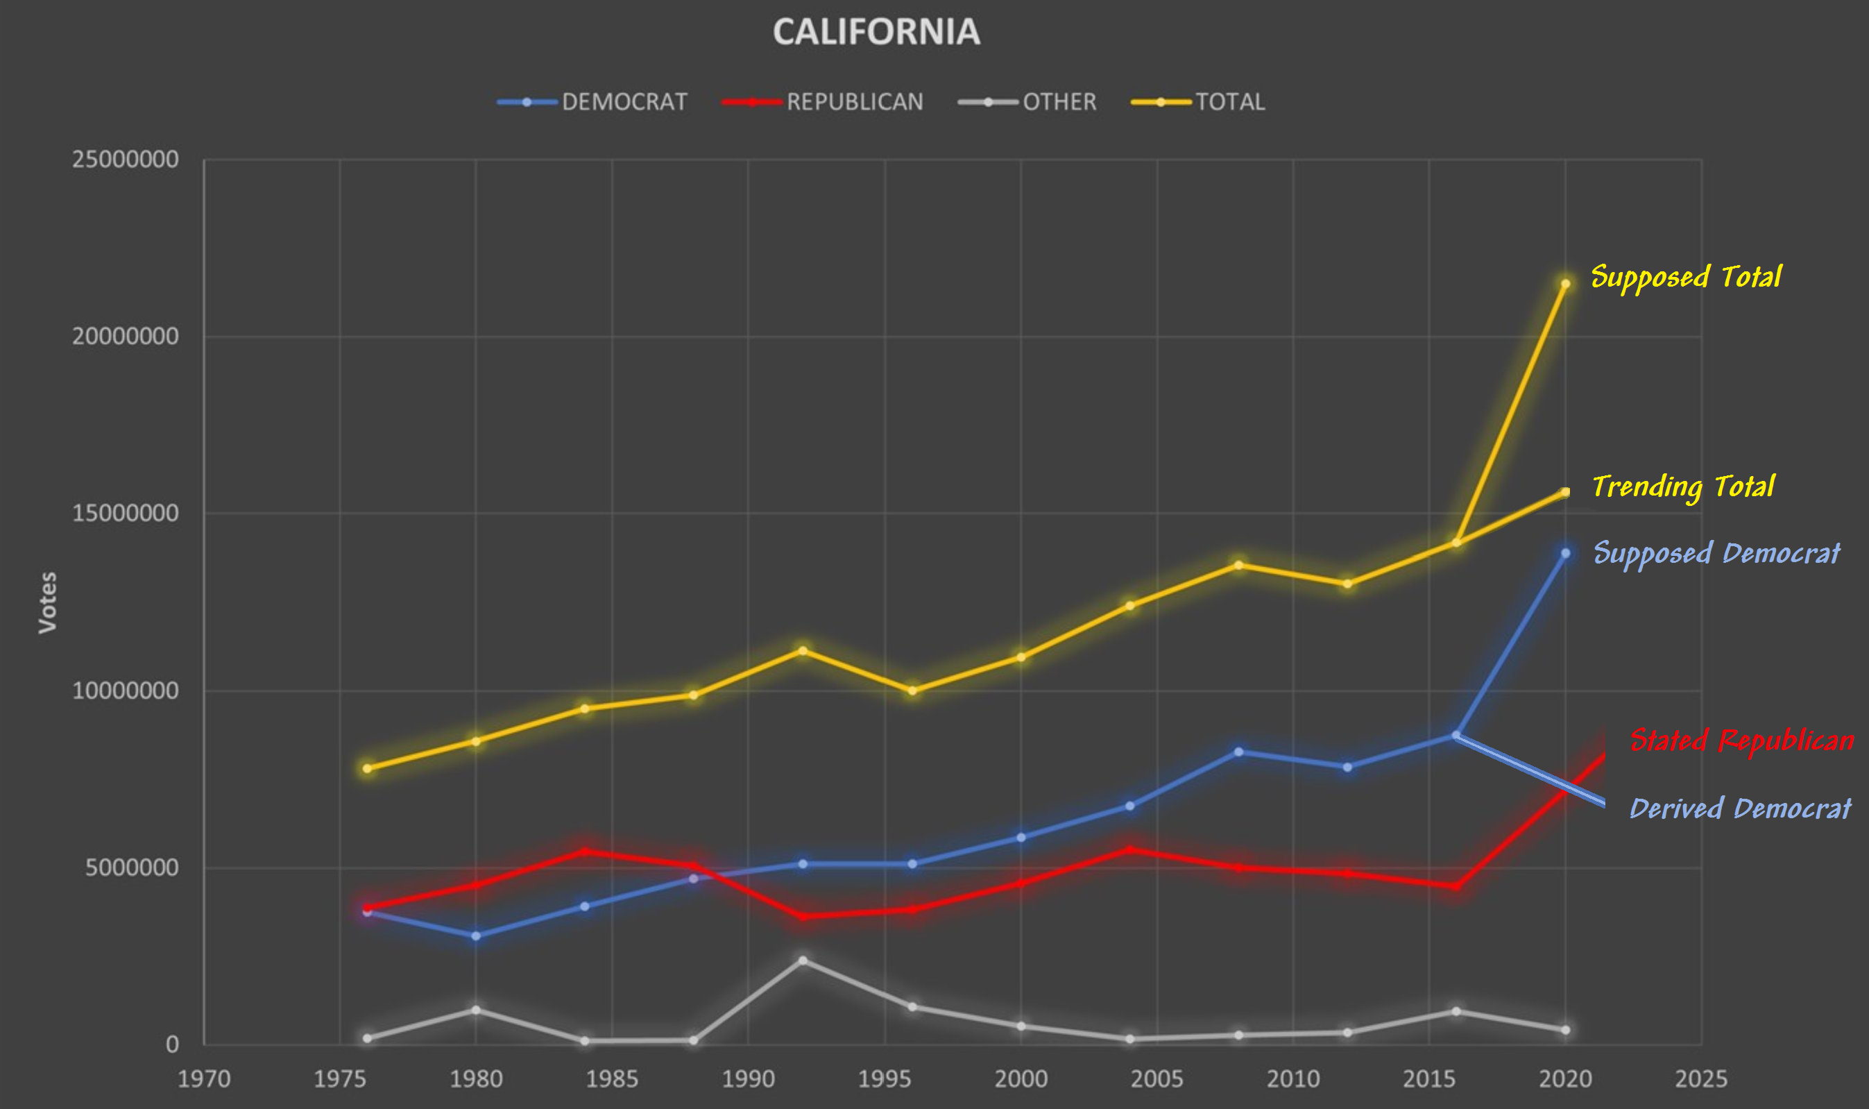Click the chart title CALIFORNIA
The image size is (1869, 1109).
(x=876, y=32)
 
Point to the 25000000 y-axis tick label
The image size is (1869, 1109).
(x=125, y=159)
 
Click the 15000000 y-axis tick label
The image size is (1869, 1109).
(x=125, y=514)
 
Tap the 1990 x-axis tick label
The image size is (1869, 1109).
(x=748, y=1079)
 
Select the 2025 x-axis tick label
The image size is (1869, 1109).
(x=1701, y=1079)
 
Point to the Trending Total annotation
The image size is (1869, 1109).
(x=1683, y=486)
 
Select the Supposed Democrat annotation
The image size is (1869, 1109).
(x=1716, y=553)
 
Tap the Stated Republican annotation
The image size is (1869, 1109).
(x=1741, y=740)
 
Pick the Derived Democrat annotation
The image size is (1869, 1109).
(x=1740, y=808)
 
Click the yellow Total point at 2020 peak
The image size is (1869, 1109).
(x=1565, y=284)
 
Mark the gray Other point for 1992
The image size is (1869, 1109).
(x=803, y=960)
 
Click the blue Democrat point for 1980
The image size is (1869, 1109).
(x=476, y=936)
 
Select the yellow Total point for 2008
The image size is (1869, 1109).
(x=1238, y=565)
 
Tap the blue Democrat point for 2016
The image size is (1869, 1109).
(x=1456, y=736)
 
